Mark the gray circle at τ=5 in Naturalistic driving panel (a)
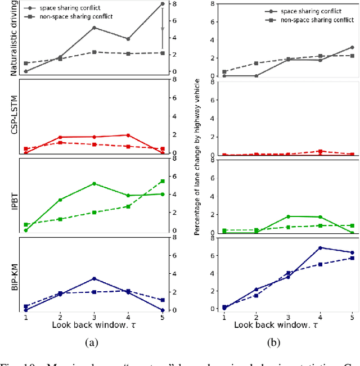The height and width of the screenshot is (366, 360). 163,4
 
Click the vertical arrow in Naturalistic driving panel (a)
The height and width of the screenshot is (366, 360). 163,28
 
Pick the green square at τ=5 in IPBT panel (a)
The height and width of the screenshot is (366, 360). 163,181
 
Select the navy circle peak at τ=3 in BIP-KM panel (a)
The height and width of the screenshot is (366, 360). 94,278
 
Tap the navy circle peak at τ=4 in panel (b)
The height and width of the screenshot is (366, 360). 320,248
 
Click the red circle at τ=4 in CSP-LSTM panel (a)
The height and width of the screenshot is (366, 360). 128,135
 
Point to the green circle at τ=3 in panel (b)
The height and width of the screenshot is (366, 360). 288,216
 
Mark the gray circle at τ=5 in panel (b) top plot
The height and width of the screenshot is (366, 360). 352,47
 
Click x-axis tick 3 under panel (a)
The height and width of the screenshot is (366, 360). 94,317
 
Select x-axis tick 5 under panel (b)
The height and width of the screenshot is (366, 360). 352,317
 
